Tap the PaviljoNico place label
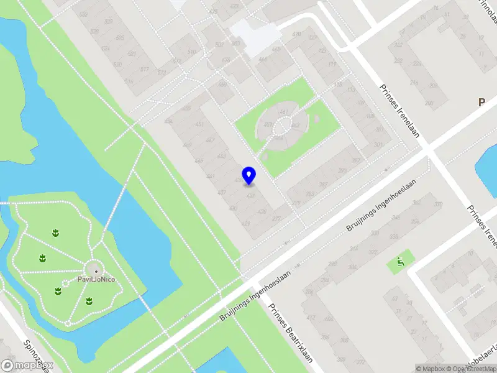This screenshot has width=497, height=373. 96,279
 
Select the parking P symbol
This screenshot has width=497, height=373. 481,103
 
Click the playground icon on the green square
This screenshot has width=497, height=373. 401,262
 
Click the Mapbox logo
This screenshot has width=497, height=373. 27,366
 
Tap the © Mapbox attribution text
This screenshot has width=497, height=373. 431,369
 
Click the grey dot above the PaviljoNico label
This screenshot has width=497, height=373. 96,270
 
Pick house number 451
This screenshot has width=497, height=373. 199,124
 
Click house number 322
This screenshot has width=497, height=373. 373,252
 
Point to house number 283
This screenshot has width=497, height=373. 309,195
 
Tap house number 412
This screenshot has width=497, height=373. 310,318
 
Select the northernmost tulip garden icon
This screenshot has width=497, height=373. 56,233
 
